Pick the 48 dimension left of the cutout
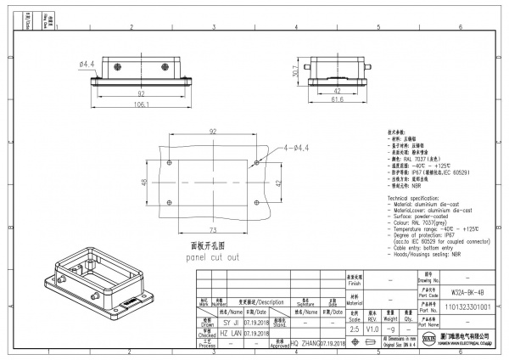144,183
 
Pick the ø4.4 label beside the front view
86,63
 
